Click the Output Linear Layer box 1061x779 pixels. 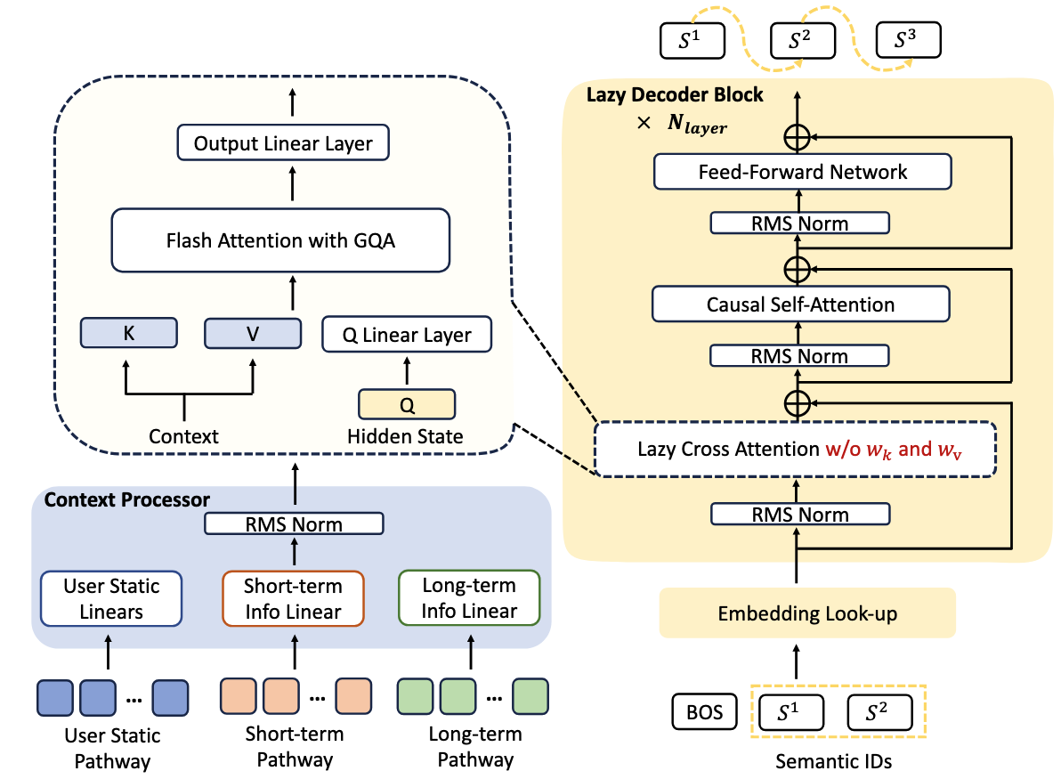[x=283, y=143]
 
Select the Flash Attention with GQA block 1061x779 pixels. [x=280, y=239]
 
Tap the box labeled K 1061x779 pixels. [x=129, y=333]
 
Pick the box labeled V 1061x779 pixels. [x=254, y=333]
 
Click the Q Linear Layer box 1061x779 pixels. [x=407, y=336]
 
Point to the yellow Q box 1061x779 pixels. [x=407, y=404]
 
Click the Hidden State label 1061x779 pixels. [x=406, y=436]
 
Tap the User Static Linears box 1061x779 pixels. [x=111, y=599]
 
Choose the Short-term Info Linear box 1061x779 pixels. [x=293, y=599]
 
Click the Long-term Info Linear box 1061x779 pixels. [x=469, y=599]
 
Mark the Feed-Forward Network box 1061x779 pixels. [x=802, y=172]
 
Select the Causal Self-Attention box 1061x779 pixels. [x=800, y=304]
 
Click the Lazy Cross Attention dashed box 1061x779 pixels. [x=794, y=449]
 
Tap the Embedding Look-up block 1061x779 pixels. [x=807, y=613]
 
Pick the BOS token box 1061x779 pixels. [x=700, y=712]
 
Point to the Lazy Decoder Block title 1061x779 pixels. [x=674, y=94]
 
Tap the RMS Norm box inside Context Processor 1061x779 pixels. [x=294, y=523]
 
